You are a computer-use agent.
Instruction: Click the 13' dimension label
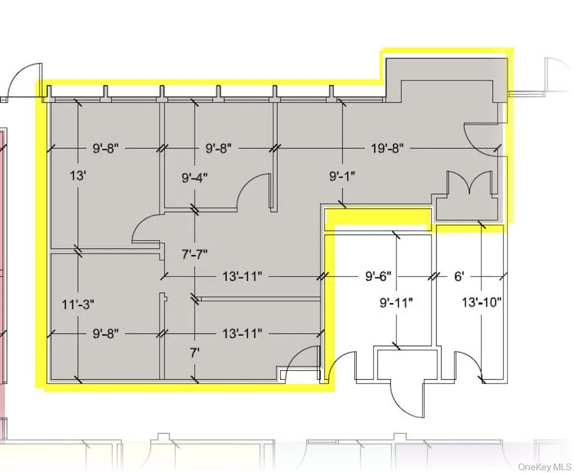coord(78,176)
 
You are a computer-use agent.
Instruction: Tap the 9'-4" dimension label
coord(195,178)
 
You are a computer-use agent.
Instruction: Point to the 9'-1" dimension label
coord(342,176)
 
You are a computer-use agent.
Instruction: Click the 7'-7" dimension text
coord(194,254)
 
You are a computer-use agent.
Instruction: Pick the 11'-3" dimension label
coord(78,304)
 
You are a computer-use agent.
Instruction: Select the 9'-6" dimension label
coord(378,276)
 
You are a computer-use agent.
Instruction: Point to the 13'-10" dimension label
coord(482,303)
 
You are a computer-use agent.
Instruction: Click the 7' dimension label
coord(194,352)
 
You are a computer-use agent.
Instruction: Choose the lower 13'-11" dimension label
coord(242,333)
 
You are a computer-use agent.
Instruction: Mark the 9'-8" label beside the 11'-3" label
coord(105,333)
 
